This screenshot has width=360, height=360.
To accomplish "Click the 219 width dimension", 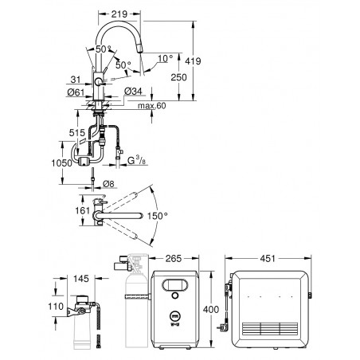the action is (x=119, y=14).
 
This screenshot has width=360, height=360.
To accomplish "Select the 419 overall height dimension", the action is (x=193, y=61).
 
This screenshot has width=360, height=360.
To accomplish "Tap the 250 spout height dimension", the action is (x=178, y=77).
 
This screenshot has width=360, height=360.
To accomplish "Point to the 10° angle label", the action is (x=166, y=58).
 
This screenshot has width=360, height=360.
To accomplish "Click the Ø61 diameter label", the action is (x=76, y=92).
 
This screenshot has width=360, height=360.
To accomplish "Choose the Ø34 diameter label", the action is (x=133, y=91).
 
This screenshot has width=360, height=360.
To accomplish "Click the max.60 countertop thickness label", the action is (x=152, y=106).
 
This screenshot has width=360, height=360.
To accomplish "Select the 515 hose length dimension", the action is (x=77, y=133).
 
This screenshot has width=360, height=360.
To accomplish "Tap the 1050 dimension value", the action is (x=62, y=163).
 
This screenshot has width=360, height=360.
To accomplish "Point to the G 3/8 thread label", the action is (x=136, y=161).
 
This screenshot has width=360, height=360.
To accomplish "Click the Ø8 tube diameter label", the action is (x=108, y=183).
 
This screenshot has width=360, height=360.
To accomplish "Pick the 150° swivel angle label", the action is (x=157, y=216).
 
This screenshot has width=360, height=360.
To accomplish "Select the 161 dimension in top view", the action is (x=83, y=210).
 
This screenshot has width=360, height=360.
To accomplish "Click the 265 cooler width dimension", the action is (x=174, y=258).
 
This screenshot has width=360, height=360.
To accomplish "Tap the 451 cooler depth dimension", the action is (x=268, y=258).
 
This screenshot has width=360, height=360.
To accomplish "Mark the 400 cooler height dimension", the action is (x=211, y=309).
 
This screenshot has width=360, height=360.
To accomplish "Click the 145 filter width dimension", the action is (x=81, y=279).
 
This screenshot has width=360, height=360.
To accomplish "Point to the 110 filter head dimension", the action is (x=56, y=306).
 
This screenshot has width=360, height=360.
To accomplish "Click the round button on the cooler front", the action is (x=175, y=295).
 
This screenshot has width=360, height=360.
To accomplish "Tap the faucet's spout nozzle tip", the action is (x=140, y=51).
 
